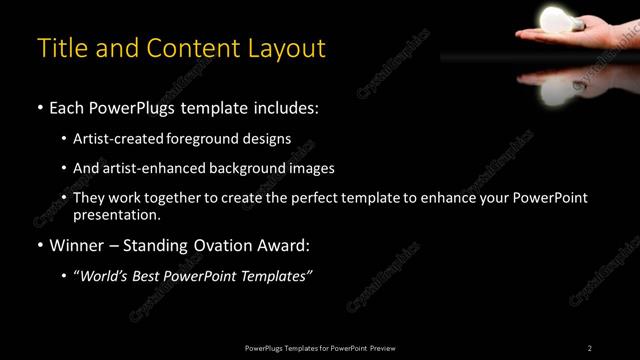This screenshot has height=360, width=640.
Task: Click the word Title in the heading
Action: pos(59,48)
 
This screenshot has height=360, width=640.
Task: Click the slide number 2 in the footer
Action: pos(590,347)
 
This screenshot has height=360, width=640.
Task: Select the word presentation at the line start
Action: pos(116,214)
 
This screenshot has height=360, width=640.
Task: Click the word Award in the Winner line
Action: pos(284,245)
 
